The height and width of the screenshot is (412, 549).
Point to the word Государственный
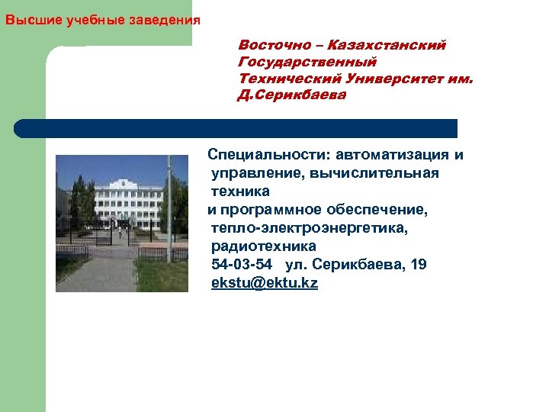(307, 62)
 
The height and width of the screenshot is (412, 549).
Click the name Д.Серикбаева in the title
(292, 95)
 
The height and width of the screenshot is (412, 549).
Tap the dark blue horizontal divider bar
(236, 128)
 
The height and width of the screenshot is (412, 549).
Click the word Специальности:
(265, 156)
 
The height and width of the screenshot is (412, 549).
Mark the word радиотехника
(263, 246)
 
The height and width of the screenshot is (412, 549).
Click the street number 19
(419, 265)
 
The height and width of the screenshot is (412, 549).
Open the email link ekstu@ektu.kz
(265, 283)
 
